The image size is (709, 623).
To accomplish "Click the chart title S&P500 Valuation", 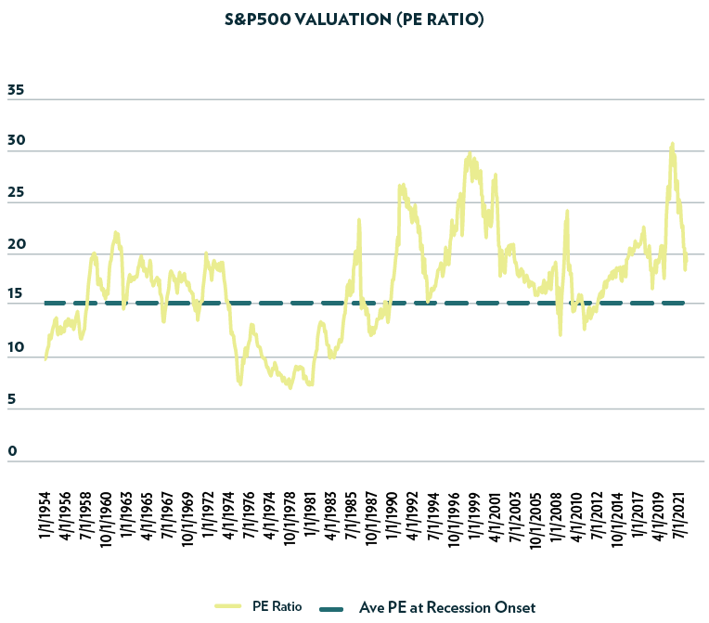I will point(354,19).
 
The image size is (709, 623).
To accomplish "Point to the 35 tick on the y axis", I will point(16,91).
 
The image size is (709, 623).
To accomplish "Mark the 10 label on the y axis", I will point(16,349).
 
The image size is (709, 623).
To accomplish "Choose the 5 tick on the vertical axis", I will point(11,400).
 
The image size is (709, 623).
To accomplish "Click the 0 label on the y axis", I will point(11,452).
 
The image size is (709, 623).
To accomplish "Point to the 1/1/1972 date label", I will point(206,521).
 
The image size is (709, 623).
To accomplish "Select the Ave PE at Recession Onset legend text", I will point(446,606).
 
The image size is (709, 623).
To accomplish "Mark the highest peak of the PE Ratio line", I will point(672,144).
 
